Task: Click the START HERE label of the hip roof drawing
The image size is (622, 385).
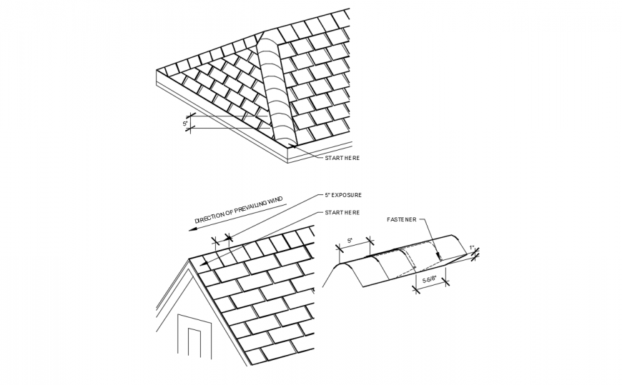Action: pyautogui.click(x=342, y=157)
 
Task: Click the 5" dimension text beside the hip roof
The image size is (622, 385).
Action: pyautogui.click(x=185, y=123)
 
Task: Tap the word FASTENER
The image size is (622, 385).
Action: pyautogui.click(x=401, y=219)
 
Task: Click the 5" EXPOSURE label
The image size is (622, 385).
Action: pyautogui.click(x=342, y=194)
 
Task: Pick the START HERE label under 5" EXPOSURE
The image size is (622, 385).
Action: pyautogui.click(x=342, y=212)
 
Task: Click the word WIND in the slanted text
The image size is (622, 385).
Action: pyautogui.click(x=274, y=201)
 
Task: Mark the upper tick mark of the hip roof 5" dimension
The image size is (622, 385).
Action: pyautogui.click(x=191, y=116)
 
